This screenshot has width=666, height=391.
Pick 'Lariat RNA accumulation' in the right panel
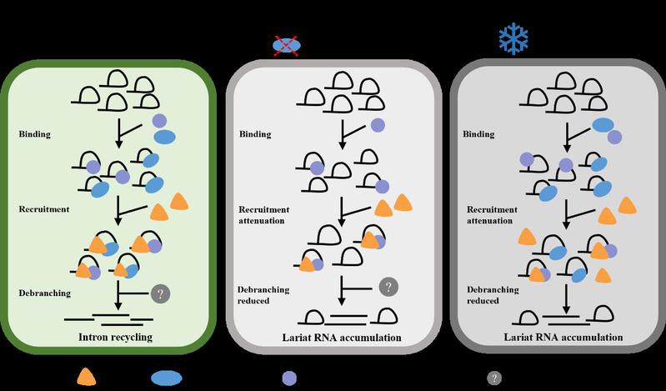pyautogui.click(x=563, y=338)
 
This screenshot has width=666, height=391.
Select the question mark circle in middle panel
pyautogui.click(x=388, y=287)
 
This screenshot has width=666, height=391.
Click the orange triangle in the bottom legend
pyautogui.click(x=86, y=377)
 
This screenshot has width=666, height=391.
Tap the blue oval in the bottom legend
pyautogui.click(x=167, y=378)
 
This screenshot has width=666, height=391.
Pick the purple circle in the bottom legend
pyautogui.click(x=288, y=378)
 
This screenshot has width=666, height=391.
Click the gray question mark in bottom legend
pyautogui.click(x=494, y=378)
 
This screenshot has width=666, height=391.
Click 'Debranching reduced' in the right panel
pyautogui.click(x=493, y=295)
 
